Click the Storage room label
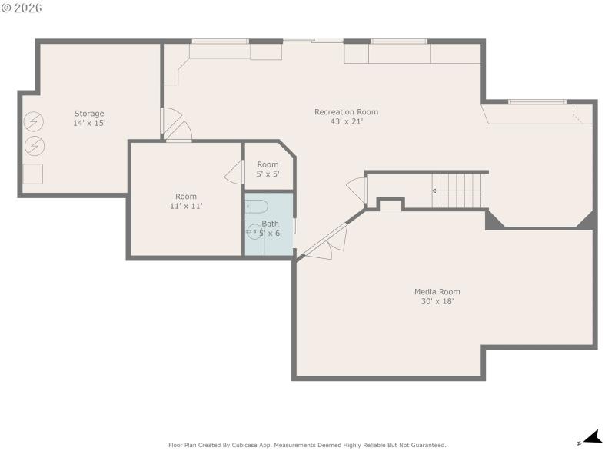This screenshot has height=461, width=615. [89, 114]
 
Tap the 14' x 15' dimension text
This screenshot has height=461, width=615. [89, 123]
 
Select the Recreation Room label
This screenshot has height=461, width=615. [346, 112]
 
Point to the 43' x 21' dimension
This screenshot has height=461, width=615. [346, 121]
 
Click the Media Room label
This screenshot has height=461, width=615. [437, 292]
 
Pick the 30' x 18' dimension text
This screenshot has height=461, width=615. [437, 301]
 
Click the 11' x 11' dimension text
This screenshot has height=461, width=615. [185, 206]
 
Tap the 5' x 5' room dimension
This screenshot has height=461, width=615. [268, 174]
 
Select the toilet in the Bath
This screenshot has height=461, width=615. [256, 207]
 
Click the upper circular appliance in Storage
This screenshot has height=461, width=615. [34, 121]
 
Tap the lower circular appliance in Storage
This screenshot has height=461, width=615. [34, 145]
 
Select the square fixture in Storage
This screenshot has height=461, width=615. [33, 174]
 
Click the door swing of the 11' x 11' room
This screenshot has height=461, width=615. [234, 173]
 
